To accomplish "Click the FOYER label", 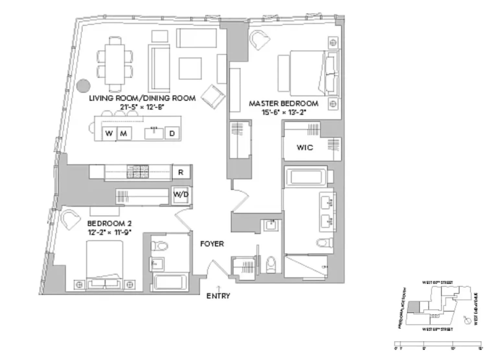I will tap(212, 244).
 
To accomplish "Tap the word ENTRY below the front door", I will tap(218, 296).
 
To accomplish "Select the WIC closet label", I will tap(305, 148).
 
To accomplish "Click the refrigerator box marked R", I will tap(181, 173).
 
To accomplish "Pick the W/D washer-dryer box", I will tap(181, 195).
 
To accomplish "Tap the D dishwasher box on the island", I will tap(172, 133).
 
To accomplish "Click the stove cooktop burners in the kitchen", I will tap(137, 172).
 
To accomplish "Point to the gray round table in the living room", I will tap(83, 86).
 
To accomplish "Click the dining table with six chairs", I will tap(115, 64).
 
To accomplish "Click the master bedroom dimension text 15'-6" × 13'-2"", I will tap(284, 112).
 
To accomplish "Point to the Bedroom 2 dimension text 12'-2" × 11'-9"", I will tap(110, 232).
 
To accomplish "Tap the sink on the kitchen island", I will tap(154, 133).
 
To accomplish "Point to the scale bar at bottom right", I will tap(438, 344).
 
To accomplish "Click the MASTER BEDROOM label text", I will tap(284, 103).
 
